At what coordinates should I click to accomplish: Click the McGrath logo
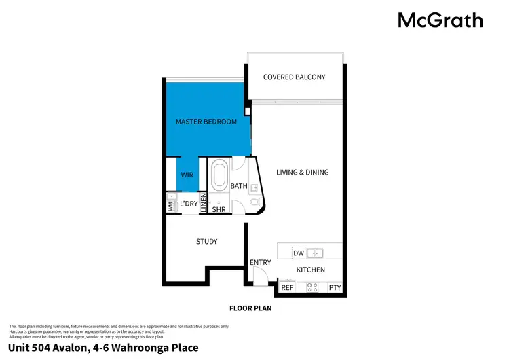coord(440,20)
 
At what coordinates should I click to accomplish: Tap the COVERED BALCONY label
coord(294,77)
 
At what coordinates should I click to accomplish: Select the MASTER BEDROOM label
coord(206,122)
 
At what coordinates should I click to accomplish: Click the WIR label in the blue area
coord(187,175)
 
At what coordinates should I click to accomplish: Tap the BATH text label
coord(239,186)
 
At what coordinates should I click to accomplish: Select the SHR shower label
coord(219,210)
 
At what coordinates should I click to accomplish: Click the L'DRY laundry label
coord(188,204)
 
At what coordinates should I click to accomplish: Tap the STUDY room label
coord(206,242)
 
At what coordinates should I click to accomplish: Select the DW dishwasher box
coord(298,253)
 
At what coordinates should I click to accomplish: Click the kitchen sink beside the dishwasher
coord(315,253)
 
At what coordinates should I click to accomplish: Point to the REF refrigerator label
coord(287,288)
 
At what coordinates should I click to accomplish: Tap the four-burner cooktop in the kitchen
coord(313,287)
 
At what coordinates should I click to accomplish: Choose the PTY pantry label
coord(335,288)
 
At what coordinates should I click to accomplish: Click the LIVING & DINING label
coord(302,173)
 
